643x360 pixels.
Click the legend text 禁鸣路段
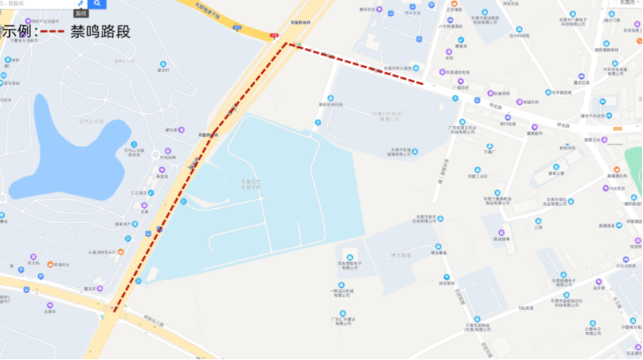pos(100,31)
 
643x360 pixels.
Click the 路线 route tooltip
pos(80,13)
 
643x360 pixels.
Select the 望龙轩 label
pos(162,71)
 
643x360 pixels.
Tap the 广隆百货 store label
pos(461,87)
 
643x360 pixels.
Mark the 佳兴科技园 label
pos(518,34)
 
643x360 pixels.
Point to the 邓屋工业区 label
pos(477,176)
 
